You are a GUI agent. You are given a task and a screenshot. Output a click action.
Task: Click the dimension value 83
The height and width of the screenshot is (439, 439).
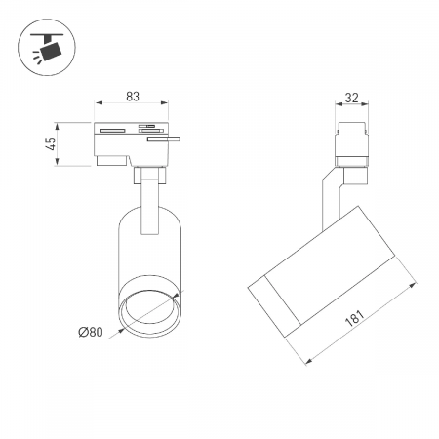click(x=133, y=97)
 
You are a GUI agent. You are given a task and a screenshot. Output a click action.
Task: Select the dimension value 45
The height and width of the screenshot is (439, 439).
click(x=51, y=143)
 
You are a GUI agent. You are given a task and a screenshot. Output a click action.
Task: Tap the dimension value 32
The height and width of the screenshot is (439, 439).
click(x=352, y=98)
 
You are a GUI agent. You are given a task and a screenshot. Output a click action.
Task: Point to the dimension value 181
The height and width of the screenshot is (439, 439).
click(x=354, y=318)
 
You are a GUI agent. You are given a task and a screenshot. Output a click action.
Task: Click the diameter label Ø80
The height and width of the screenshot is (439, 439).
click(x=91, y=332)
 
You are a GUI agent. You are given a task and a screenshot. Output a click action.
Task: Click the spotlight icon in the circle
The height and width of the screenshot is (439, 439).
click(x=48, y=48)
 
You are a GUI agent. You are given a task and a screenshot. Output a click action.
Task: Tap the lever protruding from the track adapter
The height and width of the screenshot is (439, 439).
click(x=164, y=140)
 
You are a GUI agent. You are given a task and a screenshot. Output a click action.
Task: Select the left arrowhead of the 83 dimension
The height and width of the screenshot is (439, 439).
click(x=99, y=103)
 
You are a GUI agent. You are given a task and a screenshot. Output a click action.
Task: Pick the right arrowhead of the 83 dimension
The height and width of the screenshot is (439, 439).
click(x=165, y=103)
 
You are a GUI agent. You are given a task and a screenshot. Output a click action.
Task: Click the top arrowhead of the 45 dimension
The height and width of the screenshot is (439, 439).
click(x=58, y=127)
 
